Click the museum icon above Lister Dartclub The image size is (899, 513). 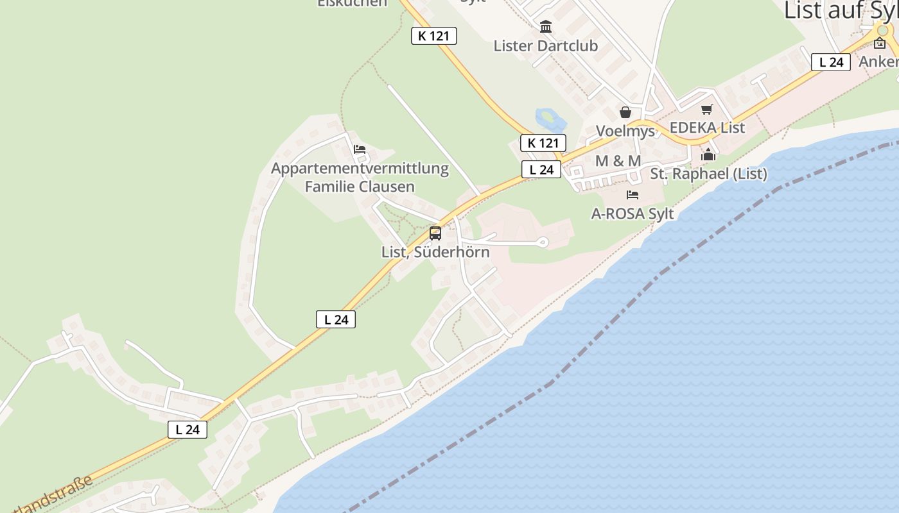click(x=546, y=27)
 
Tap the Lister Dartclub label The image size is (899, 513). click(x=545, y=46)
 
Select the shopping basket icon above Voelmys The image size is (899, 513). click(x=625, y=113)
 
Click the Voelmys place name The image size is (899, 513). click(x=625, y=131)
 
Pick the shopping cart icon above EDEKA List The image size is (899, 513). click(x=707, y=109)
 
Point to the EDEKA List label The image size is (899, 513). click(x=707, y=128)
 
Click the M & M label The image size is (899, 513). click(x=618, y=161)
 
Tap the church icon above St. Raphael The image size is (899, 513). click(x=708, y=155)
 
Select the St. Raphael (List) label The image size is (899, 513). click(x=708, y=174)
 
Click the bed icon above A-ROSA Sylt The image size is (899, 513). click(x=633, y=195)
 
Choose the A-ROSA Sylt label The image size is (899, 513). click(x=633, y=214)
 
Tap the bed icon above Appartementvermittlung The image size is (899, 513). click(x=360, y=149)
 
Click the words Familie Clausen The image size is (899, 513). click(x=360, y=187)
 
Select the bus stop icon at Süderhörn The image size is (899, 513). click(x=435, y=233)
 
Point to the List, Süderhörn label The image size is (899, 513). click(x=435, y=252)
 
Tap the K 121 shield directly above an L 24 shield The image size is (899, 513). click(x=543, y=143)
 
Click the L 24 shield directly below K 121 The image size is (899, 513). click(x=541, y=170)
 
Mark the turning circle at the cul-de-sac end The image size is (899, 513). click(x=543, y=242)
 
